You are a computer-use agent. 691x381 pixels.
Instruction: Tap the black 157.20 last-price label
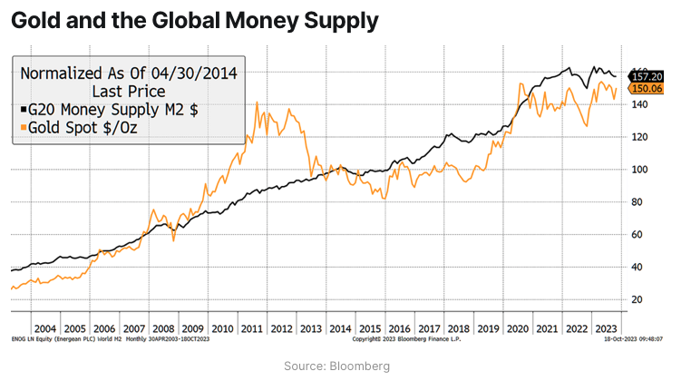(647, 77)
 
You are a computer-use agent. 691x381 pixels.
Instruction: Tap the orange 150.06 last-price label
(647, 89)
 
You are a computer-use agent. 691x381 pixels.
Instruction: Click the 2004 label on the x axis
(44, 327)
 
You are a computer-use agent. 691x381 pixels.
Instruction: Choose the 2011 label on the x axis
(252, 327)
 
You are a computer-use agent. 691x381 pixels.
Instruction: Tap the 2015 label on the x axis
(371, 327)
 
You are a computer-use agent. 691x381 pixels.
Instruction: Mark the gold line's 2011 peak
(258, 103)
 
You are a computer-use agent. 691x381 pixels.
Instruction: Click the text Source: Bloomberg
(345, 366)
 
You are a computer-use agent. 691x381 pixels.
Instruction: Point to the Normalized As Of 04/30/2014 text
(128, 73)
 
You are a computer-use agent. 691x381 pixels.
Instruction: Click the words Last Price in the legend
(128, 91)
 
